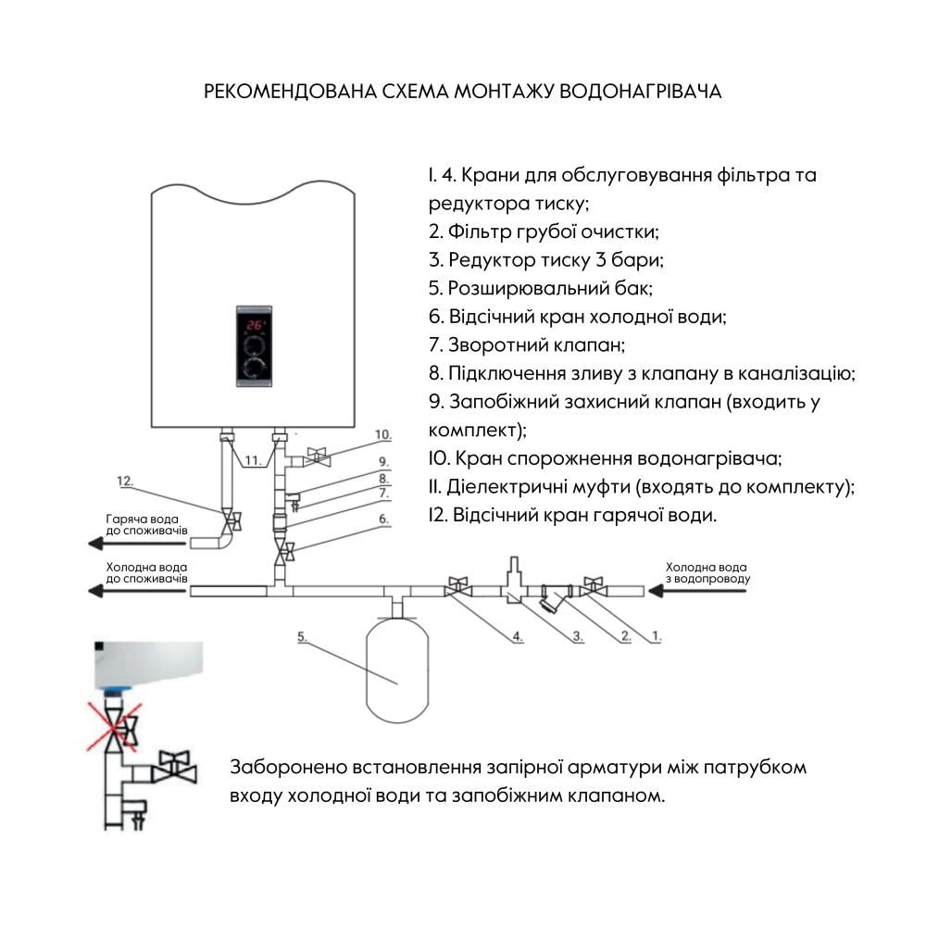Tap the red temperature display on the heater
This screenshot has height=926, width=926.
(x=255, y=326)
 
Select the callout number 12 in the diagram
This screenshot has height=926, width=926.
(x=126, y=481)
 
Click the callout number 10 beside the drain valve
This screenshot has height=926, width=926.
(x=382, y=434)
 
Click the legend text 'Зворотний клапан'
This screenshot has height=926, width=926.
(x=535, y=344)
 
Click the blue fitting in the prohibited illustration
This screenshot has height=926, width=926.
(x=115, y=690)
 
